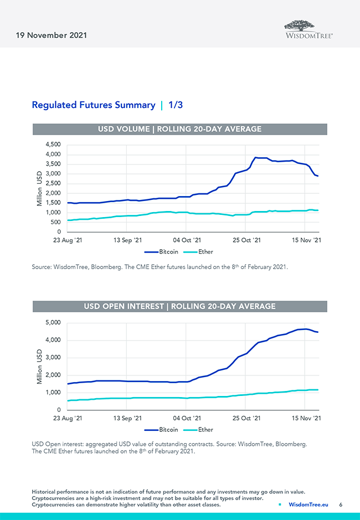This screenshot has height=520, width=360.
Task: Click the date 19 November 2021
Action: coord(52,35)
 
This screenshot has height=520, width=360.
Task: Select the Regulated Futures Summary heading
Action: coord(94,105)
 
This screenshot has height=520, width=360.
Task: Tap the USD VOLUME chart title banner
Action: coord(179,129)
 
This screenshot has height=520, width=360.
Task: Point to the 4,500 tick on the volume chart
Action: coord(53,145)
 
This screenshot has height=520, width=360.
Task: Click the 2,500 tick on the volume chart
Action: coord(53,183)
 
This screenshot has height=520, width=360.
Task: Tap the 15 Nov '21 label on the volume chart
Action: coord(306,240)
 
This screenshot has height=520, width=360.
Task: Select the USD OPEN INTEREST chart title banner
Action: coord(179,306)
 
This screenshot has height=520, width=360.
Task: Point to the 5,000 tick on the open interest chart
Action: coord(53,322)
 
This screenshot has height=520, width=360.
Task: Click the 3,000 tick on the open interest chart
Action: coord(53,357)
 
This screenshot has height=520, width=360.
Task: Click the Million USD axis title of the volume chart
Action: coord(39,188)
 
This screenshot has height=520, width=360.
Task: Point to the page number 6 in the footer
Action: coord(341,504)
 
